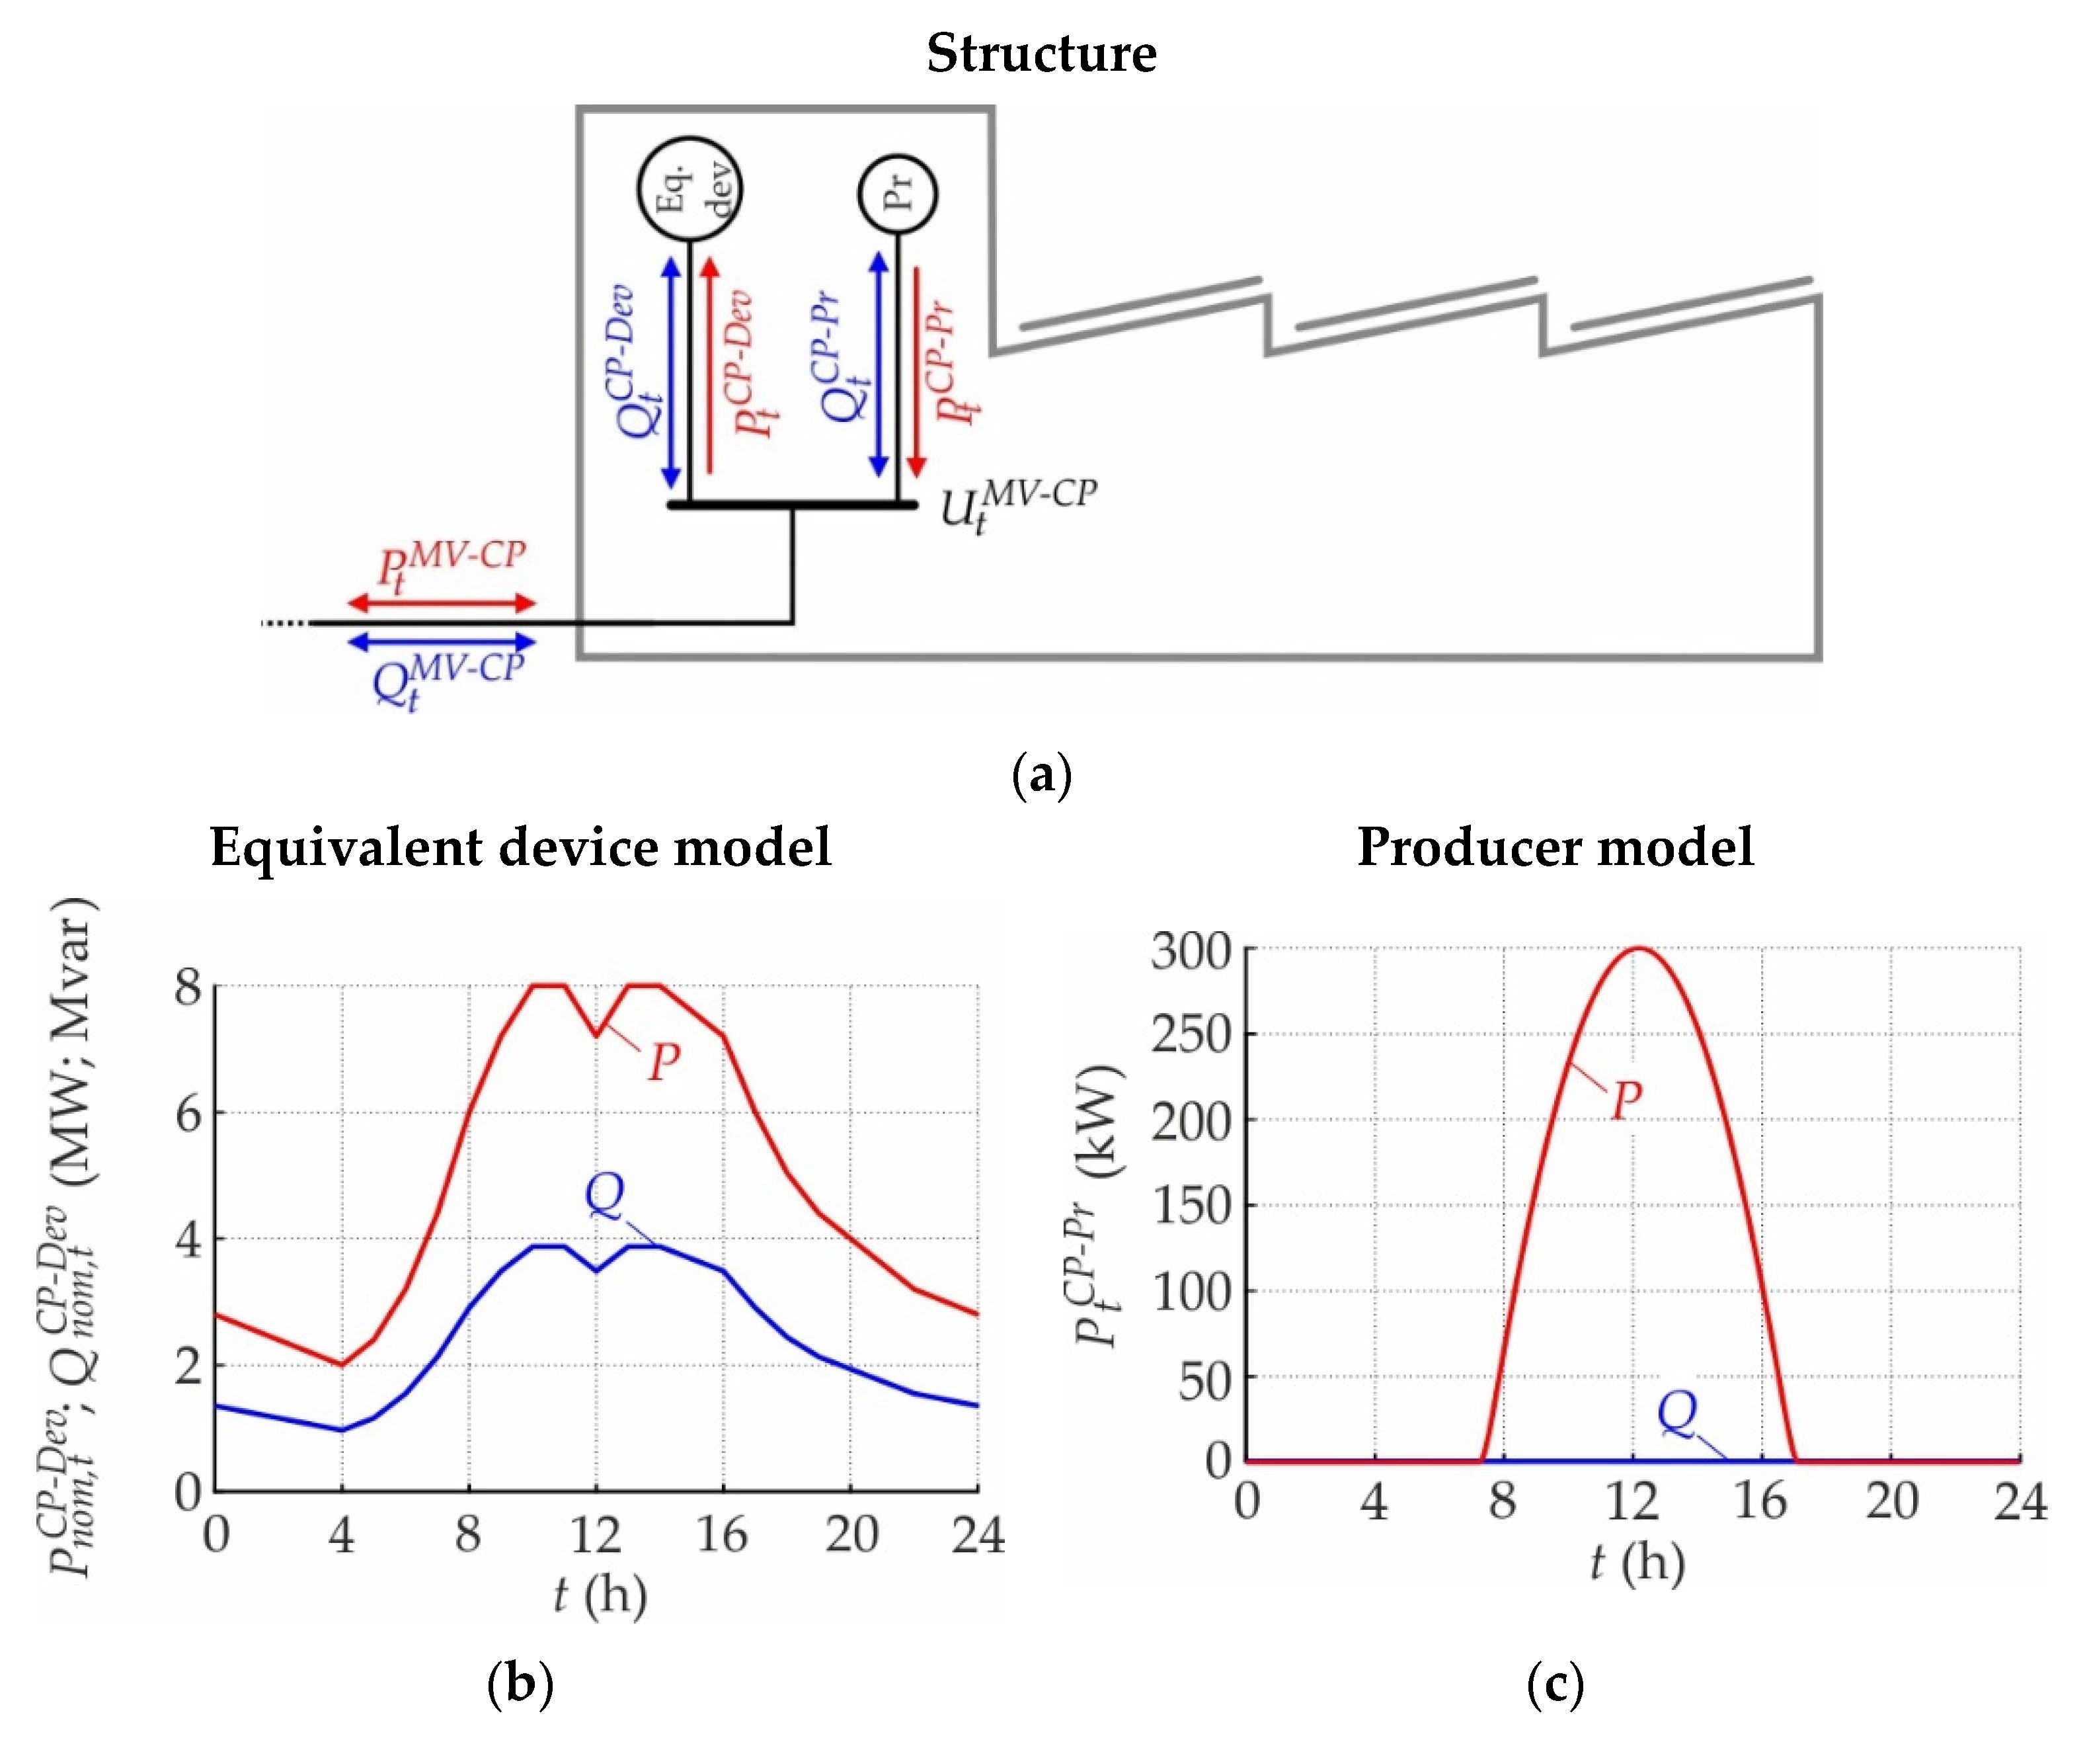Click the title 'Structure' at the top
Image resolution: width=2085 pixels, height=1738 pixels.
(x=1041, y=54)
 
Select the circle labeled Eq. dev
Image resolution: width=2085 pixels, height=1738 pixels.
(x=689, y=188)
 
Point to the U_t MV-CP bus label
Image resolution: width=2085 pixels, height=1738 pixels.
(x=1017, y=505)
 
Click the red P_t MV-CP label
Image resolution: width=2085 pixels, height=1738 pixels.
(x=450, y=566)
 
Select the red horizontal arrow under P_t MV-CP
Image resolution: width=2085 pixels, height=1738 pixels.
(x=442, y=603)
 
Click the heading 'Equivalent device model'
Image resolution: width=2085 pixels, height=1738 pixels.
(x=520, y=848)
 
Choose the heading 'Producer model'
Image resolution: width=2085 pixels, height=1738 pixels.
(x=1555, y=848)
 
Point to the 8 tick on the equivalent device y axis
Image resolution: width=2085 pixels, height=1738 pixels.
(x=188, y=987)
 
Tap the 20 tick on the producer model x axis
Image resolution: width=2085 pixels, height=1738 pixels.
(x=1891, y=1501)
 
